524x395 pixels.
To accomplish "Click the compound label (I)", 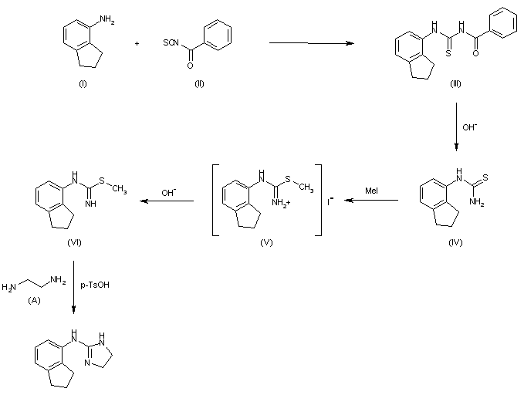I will click(82, 83).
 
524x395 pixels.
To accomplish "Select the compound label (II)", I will click(198, 83).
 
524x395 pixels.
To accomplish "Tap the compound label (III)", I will click(455, 83).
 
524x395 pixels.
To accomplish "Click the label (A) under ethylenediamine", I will click(34, 300).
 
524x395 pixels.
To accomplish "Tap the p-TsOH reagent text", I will click(93, 286).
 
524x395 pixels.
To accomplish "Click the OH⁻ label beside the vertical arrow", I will click(468, 126).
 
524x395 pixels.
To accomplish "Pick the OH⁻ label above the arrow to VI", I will click(166, 193).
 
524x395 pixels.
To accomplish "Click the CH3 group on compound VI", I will click(117, 187).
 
